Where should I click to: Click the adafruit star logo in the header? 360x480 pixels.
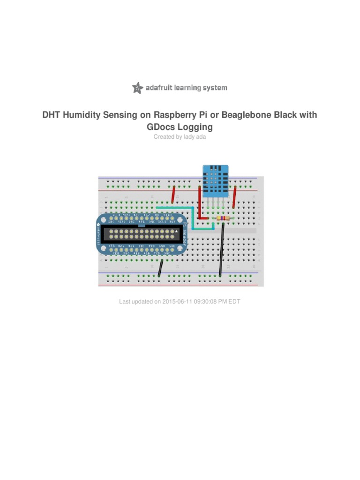point(137,88)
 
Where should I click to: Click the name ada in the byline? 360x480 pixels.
point(201,137)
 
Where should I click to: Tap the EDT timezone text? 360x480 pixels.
point(234,301)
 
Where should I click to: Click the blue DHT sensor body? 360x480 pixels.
point(215,181)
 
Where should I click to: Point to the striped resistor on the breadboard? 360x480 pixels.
point(221,218)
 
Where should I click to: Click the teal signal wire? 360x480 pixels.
point(183,208)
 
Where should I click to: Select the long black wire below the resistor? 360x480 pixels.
point(221,251)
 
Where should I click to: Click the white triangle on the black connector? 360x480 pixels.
point(176,232)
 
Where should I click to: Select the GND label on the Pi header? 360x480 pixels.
point(162,246)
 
